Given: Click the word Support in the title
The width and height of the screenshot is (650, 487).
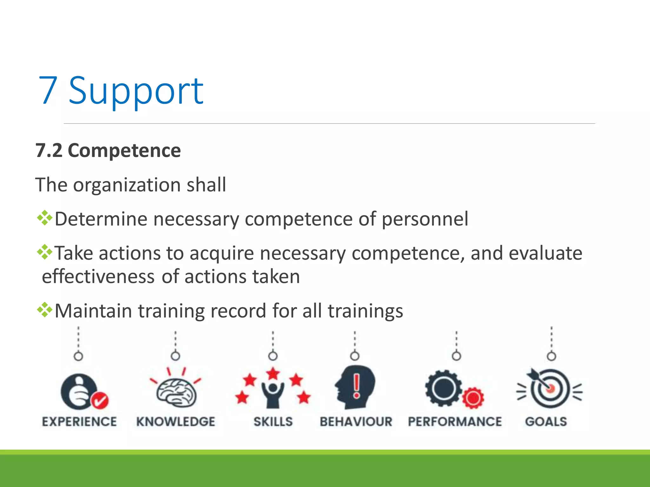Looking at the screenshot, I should [x=136, y=91].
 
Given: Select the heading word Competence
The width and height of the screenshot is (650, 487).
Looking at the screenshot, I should [x=124, y=150].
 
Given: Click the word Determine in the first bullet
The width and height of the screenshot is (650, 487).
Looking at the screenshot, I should [x=101, y=219].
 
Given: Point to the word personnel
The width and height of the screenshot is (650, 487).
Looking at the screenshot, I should [x=425, y=219].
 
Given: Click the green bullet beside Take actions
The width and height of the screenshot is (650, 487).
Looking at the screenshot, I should [x=44, y=252].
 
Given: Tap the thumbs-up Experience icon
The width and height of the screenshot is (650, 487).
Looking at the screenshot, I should [x=79, y=392].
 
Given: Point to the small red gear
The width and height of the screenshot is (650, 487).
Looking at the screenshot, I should [x=473, y=398].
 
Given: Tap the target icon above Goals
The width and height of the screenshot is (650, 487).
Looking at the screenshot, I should [x=550, y=389].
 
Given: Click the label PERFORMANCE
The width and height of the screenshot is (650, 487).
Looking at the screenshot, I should [x=455, y=422].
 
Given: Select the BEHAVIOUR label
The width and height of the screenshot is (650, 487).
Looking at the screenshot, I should [x=356, y=422].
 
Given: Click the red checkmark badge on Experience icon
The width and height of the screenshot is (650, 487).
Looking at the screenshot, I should [x=100, y=400].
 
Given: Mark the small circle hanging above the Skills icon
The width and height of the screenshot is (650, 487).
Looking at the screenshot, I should [x=273, y=356].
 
